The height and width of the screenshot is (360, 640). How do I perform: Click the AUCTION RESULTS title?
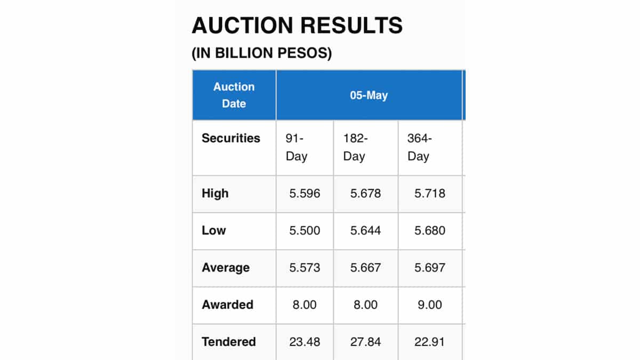tap(297, 26)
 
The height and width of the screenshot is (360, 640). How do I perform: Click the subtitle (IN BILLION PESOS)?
tap(261, 54)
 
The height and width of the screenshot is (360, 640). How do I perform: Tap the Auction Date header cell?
tap(234, 95)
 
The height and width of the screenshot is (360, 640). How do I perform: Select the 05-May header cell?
tap(369, 95)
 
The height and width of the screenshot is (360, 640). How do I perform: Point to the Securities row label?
tap(231, 138)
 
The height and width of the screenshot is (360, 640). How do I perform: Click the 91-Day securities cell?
tap(297, 148)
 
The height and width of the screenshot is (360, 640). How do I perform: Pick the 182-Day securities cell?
tap(355, 148)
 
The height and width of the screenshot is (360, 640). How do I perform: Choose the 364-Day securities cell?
tap(419, 148)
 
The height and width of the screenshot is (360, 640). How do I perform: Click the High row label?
tap(215, 194)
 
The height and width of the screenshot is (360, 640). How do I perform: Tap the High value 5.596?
tap(305, 194)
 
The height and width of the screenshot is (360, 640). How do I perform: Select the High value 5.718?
tap(430, 194)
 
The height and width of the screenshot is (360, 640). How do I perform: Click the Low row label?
tap(214, 231)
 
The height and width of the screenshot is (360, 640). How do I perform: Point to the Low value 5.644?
tap(365, 231)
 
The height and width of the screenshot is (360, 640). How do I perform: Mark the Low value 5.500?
tap(305, 231)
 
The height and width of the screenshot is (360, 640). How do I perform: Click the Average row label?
tap(226, 268)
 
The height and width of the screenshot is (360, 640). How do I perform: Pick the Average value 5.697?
tap(430, 268)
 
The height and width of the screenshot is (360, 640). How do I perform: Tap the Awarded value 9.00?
tap(430, 305)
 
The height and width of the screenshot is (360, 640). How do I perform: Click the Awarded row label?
tap(228, 305)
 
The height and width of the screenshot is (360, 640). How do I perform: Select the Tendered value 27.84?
tap(365, 342)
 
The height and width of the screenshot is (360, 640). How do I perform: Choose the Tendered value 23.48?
tap(305, 342)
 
